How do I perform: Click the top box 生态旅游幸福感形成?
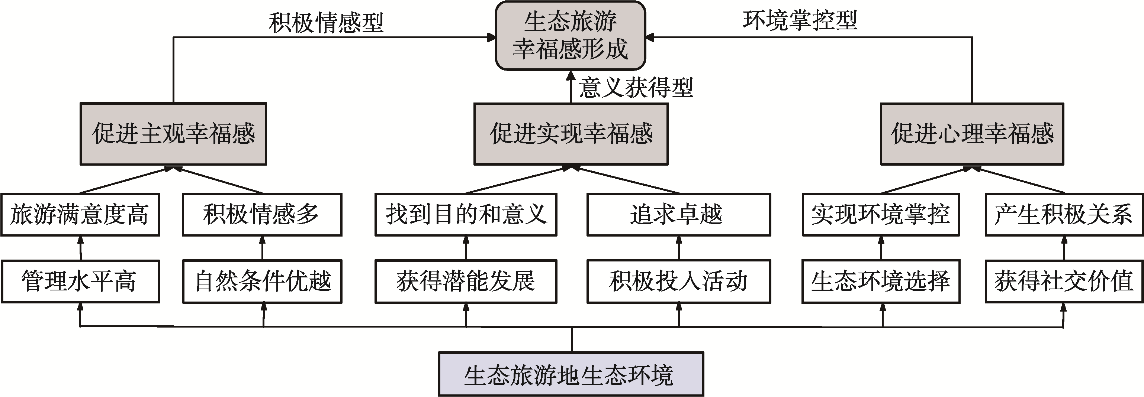pyautogui.click(x=570, y=36)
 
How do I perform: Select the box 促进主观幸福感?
pyautogui.click(x=173, y=134)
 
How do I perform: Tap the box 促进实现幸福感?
pyautogui.click(x=571, y=134)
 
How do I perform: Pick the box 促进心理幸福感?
pyautogui.click(x=972, y=134)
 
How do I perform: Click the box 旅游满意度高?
pyautogui.click(x=80, y=214)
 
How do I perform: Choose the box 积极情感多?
pyautogui.click(x=262, y=214)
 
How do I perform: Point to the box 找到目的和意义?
pyautogui.click(x=466, y=214)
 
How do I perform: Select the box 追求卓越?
pyautogui.click(x=679, y=214)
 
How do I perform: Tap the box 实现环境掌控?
pyautogui.click(x=881, y=214)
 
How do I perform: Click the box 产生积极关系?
pyautogui.click(x=1064, y=214)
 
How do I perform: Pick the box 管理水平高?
pyautogui.click(x=80, y=281)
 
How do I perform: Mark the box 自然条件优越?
pyautogui.click(x=262, y=281)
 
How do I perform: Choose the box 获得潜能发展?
pyautogui.click(x=466, y=281)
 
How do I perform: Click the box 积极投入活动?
pyautogui.click(x=679, y=281)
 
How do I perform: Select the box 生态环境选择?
pyautogui.click(x=881, y=281)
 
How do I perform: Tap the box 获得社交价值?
pyautogui.click(x=1064, y=281)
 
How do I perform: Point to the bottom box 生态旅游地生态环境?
pyautogui.click(x=571, y=374)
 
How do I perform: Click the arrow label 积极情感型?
pyautogui.click(x=326, y=22)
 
